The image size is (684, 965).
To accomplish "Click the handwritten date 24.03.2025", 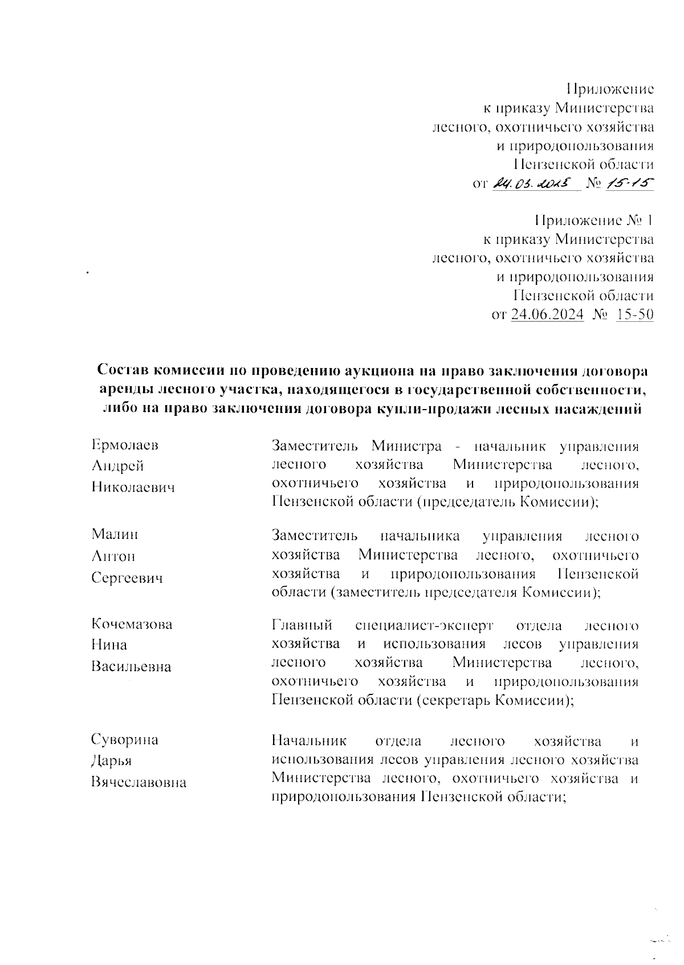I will pos(534,183).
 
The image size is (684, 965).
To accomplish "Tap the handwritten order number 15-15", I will pos(629,183).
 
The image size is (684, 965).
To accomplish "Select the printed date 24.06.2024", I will pos(548,314).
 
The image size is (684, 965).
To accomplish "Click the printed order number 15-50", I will pos(635,314).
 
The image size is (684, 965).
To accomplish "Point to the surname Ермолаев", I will pos(125,445).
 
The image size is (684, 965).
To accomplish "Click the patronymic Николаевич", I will pos(133,488).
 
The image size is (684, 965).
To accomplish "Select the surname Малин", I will pos(115,534).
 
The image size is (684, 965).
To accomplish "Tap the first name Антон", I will pos(113,556).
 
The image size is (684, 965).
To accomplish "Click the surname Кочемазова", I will pos(132,624).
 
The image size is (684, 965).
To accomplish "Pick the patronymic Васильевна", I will pos(131,666).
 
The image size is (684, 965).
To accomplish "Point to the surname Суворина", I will pos(125,740).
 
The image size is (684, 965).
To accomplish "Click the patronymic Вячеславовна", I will pos(139,783).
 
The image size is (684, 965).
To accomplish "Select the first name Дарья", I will pos(112,761).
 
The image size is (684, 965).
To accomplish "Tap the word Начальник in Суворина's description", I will pos(309,741).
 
